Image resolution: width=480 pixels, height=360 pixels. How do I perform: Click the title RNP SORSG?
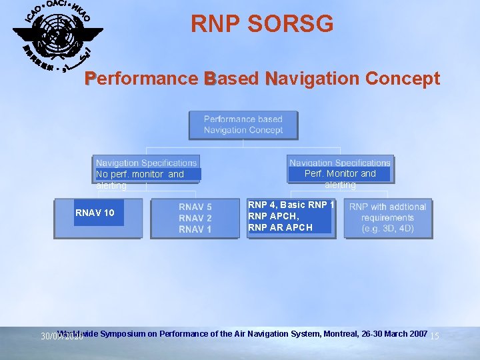[262, 24]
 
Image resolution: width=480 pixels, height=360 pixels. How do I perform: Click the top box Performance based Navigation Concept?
[243, 125]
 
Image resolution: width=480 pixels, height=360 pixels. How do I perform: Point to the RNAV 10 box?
[98, 213]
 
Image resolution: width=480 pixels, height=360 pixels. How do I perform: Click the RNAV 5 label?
[195, 207]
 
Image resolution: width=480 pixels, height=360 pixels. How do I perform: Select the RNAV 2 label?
[195, 218]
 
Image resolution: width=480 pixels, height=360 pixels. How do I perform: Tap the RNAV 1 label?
[195, 229]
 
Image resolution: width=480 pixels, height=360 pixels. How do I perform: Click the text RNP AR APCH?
[280, 227]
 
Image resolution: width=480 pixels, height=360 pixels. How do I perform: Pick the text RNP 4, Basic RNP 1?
[291, 205]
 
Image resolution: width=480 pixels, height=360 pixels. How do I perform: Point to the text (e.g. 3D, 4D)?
[387, 229]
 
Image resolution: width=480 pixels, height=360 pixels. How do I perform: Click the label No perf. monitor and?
[140, 174]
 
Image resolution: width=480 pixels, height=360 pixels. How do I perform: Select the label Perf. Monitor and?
[340, 173]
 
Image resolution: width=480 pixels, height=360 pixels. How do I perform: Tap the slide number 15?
[434, 336]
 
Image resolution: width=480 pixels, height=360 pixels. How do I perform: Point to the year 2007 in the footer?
[417, 333]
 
